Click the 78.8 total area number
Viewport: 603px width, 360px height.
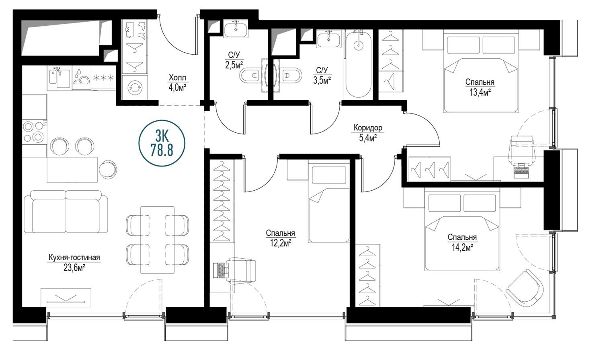point(162,150)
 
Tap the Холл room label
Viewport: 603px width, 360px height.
point(177,78)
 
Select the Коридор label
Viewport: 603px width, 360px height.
point(368,128)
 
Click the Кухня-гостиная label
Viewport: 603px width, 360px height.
point(74,258)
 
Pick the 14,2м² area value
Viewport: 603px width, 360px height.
point(462,247)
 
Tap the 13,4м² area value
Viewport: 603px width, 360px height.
point(480,93)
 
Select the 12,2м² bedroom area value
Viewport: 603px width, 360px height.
point(281,243)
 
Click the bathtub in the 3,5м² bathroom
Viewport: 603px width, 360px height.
point(358,64)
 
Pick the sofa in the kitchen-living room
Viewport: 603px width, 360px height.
point(66,211)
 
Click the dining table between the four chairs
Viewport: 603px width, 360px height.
point(158,240)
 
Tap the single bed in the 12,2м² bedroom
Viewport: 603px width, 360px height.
point(329,204)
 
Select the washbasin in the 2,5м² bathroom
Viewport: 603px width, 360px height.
point(236,30)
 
